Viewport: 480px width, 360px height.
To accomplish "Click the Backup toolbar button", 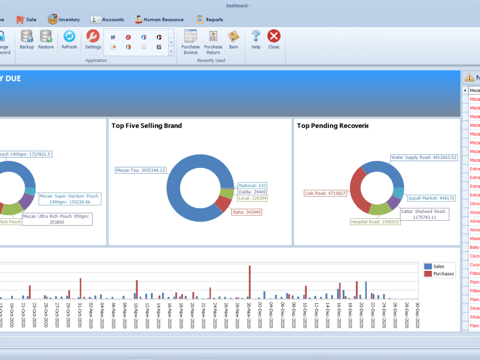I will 27,39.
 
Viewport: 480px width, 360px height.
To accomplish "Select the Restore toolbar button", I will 46,39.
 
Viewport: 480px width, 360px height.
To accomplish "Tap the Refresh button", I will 69,39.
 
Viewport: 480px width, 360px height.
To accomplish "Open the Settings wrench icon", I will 93,39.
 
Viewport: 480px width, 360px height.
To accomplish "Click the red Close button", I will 274,39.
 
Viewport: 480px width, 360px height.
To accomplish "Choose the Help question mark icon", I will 256,39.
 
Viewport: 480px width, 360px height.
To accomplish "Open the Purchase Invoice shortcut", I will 191,42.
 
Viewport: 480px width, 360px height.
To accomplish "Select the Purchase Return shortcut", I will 213,42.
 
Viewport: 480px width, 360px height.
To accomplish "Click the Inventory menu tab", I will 64,20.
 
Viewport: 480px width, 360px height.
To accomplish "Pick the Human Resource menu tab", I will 159,20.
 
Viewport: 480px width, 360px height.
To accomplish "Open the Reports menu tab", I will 209,20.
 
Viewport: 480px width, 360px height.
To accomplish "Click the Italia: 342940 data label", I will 247,212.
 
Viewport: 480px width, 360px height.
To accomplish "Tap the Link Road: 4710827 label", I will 325,193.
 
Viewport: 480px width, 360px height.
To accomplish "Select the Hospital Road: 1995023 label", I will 375,222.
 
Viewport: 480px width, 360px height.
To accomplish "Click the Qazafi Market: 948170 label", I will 431,198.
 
